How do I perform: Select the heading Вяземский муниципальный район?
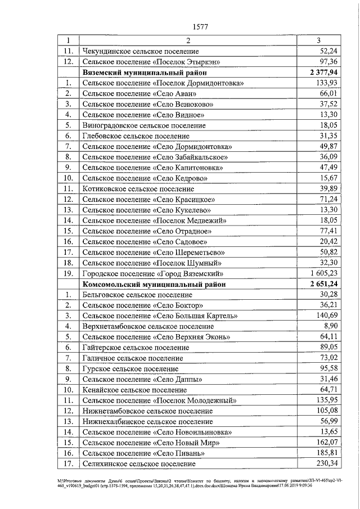(x=145, y=72)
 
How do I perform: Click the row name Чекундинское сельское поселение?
(x=140, y=51)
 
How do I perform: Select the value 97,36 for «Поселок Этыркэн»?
(x=328, y=61)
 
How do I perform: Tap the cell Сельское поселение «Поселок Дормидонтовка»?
(x=163, y=83)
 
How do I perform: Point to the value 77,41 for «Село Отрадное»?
(x=328, y=231)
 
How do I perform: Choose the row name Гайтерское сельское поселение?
(x=136, y=347)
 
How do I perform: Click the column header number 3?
(x=318, y=40)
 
